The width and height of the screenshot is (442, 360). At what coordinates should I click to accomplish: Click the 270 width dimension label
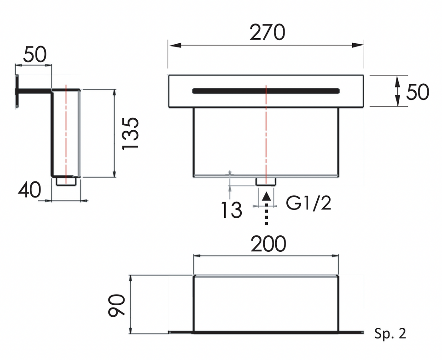267,32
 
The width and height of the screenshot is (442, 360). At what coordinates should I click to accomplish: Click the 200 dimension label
268,244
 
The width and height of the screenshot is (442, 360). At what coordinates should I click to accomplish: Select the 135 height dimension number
130,133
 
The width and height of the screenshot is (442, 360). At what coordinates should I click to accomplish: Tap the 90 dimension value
116,305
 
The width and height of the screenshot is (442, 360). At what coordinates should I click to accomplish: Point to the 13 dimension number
232,210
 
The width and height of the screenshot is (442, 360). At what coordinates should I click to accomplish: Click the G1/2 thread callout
308,203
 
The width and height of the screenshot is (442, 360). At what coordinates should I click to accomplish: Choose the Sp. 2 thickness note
390,333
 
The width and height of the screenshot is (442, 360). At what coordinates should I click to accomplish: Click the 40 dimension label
29,190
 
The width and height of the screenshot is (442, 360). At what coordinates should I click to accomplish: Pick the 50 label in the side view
35,54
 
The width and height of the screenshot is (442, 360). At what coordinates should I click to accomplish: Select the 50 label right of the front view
418,92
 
